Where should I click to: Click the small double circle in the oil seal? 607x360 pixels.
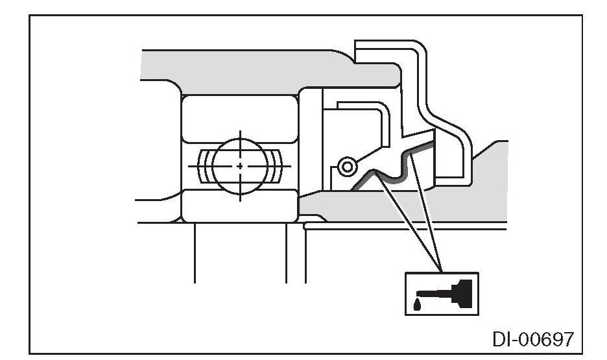tap(348, 167)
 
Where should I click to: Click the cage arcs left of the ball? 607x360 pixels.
tap(205, 166)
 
